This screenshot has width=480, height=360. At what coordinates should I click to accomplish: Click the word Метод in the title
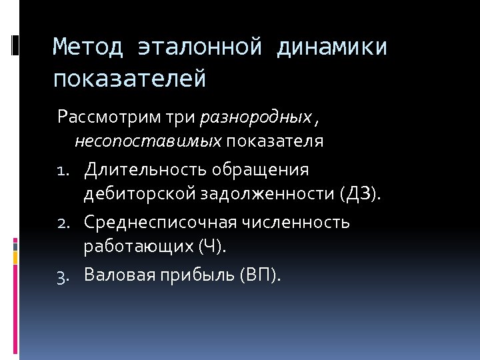click(x=88, y=48)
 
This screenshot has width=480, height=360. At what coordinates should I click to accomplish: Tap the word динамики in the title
click(x=332, y=48)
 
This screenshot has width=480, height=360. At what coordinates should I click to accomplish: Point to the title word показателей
click(x=130, y=79)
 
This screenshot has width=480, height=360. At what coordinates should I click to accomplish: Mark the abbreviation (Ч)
click(x=212, y=247)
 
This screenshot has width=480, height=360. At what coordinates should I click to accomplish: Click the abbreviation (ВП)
click(x=259, y=275)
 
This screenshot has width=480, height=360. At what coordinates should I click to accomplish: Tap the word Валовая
click(x=117, y=275)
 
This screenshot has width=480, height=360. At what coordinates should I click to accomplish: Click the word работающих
click(x=139, y=247)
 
